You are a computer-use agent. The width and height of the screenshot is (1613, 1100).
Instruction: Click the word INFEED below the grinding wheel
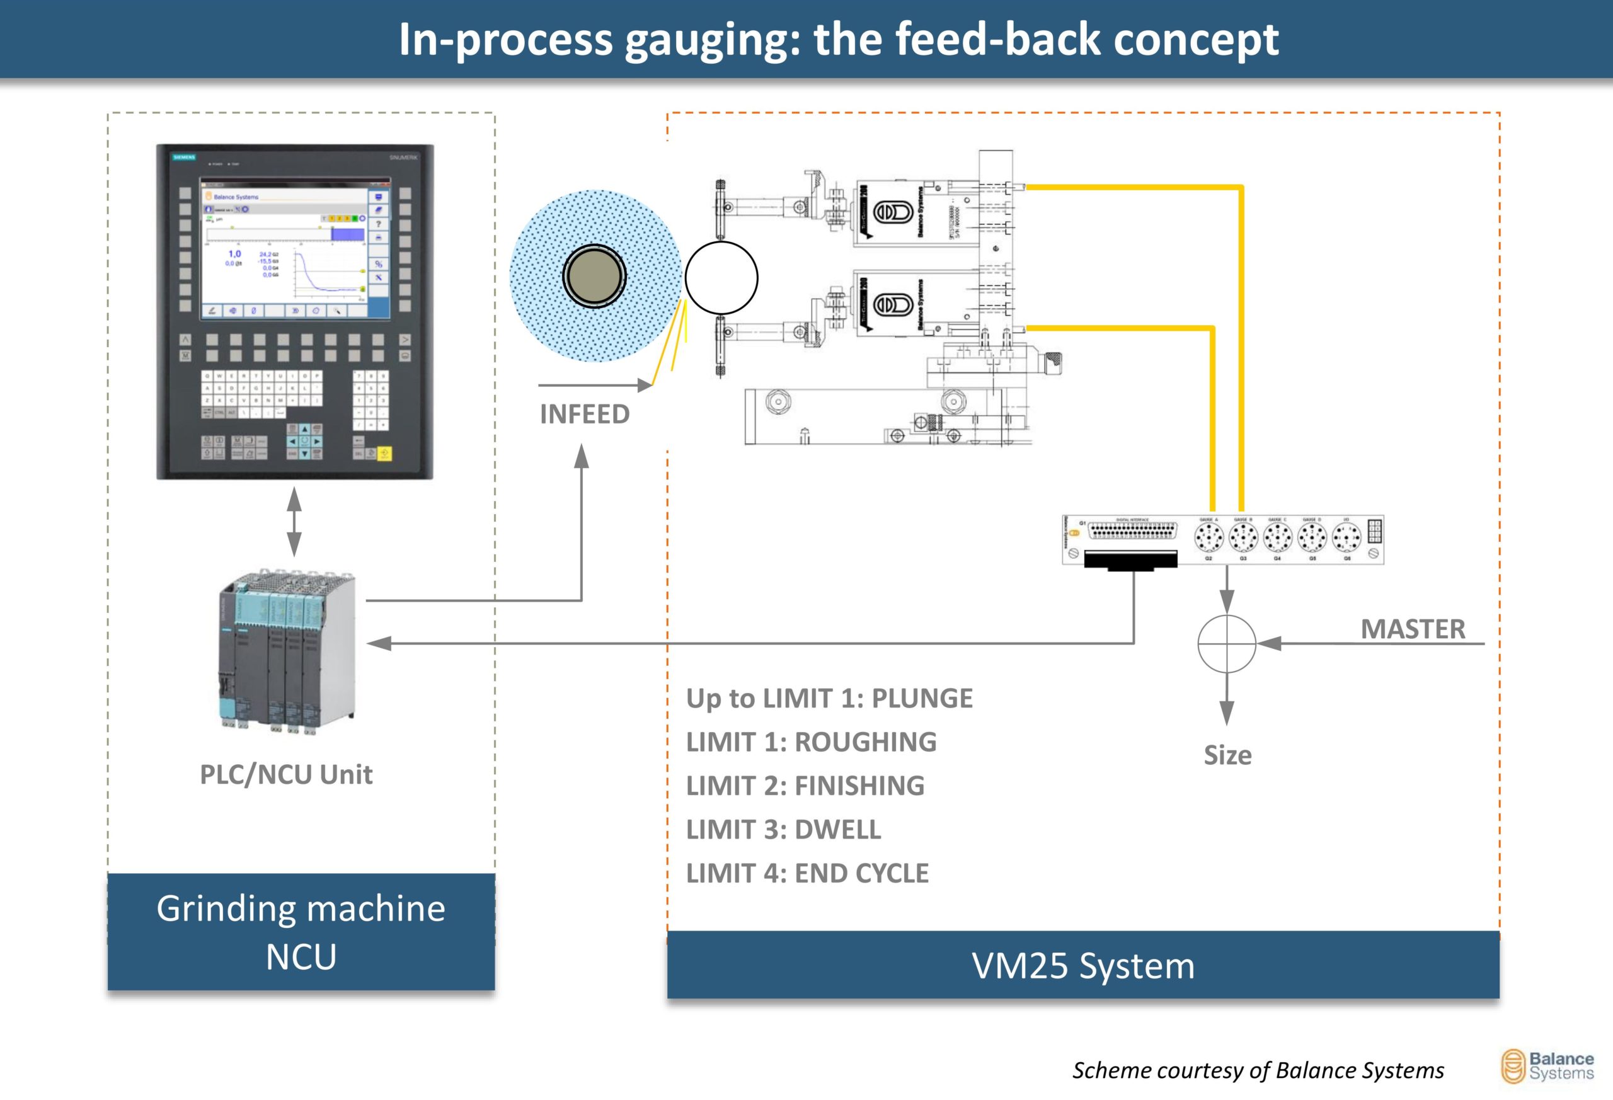[585, 415]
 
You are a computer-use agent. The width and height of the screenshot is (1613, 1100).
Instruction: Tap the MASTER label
[1413, 629]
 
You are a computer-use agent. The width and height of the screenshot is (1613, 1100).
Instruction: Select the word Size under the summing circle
[1227, 755]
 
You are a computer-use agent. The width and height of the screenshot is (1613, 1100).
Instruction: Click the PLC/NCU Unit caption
[286, 774]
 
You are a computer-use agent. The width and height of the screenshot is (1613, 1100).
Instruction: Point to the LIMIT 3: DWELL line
[784, 829]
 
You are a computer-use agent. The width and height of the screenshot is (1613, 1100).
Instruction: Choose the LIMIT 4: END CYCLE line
[807, 873]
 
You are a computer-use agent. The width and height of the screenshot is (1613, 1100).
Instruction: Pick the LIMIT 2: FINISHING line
[805, 786]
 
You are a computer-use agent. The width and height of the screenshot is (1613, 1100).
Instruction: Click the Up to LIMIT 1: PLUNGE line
[829, 698]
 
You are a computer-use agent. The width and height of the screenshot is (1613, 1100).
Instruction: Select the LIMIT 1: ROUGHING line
[812, 742]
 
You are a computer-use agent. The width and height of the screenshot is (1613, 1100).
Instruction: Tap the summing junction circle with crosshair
[1226, 643]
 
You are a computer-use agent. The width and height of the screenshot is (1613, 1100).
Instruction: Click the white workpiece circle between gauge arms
[721, 278]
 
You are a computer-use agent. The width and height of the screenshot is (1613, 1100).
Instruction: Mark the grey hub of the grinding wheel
[594, 276]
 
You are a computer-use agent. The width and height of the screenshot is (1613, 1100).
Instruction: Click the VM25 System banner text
[1082, 965]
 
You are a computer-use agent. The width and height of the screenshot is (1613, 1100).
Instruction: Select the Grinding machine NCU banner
[301, 932]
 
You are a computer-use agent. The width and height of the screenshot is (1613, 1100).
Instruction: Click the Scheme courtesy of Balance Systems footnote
[1258, 1070]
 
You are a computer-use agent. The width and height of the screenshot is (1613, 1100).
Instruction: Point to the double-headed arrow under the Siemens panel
[294, 521]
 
